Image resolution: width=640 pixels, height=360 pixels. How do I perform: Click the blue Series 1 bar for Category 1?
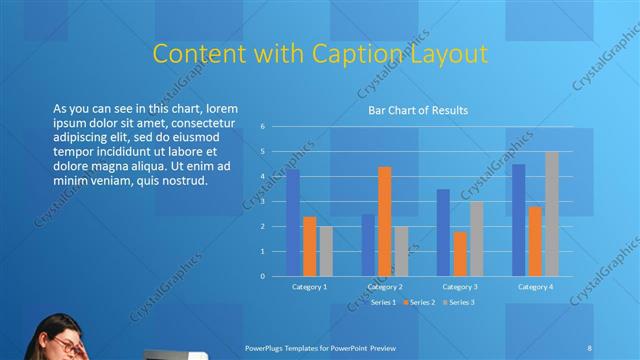tap(293, 223)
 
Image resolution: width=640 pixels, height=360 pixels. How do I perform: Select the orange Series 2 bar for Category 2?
tap(385, 221)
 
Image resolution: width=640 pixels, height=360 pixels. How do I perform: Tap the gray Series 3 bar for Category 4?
tap(551, 214)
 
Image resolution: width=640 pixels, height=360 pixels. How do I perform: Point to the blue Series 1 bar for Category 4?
tap(518, 220)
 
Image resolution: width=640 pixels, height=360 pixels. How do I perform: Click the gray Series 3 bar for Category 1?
tap(326, 251)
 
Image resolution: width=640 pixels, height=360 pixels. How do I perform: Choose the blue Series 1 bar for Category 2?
tap(368, 245)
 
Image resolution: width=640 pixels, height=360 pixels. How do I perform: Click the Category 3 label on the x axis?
tap(460, 287)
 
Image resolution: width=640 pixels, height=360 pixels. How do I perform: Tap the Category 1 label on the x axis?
tap(309, 287)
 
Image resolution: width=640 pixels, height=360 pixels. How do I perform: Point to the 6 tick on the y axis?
tap(262, 127)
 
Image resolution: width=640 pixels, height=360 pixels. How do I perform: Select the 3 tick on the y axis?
tap(262, 201)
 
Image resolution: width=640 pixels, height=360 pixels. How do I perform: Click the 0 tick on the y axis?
tap(262, 276)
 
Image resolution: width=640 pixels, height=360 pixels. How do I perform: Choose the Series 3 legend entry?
tap(461, 302)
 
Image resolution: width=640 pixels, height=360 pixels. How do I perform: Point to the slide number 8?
tap(590, 347)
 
